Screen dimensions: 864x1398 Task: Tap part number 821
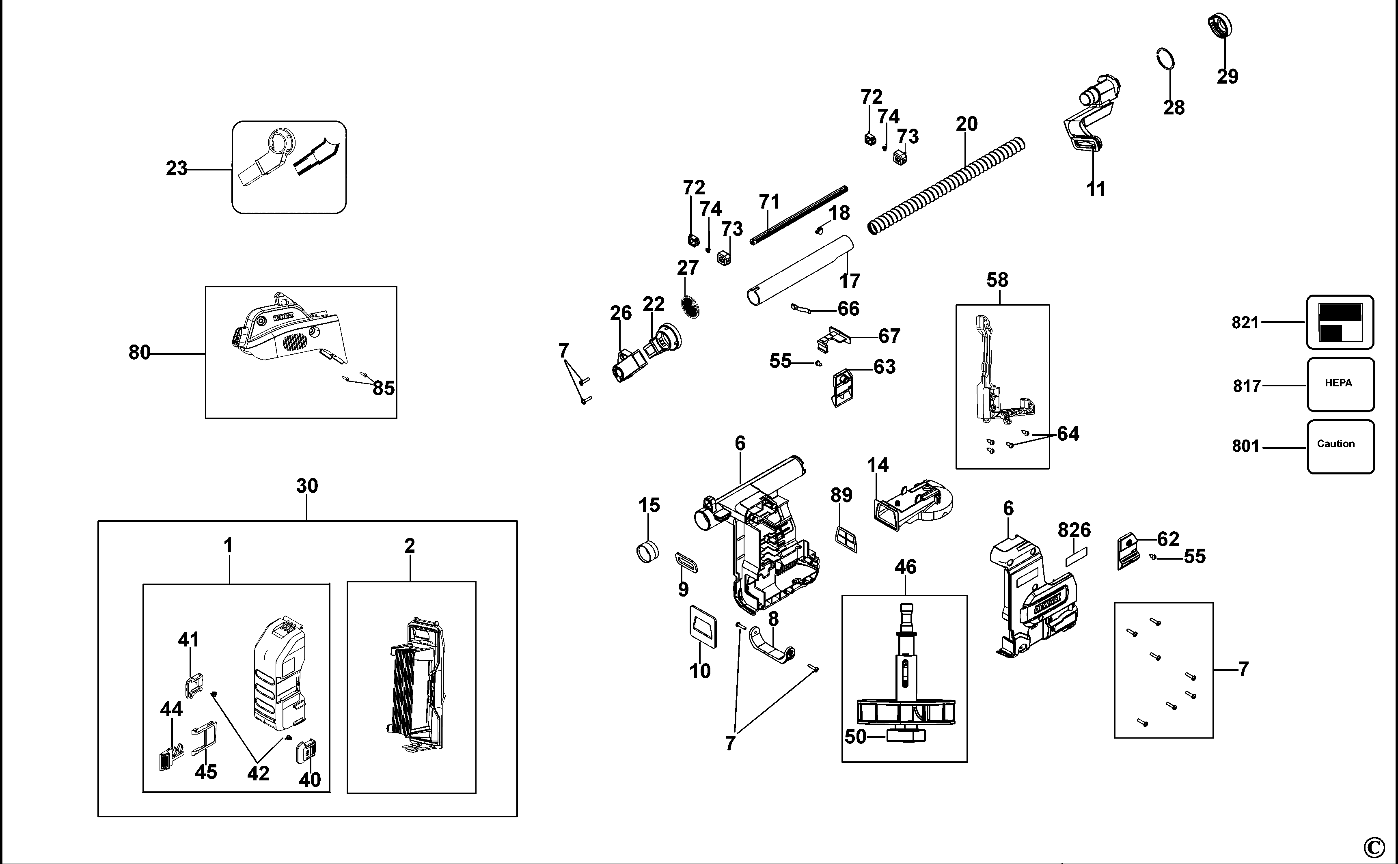pyautogui.click(x=1245, y=323)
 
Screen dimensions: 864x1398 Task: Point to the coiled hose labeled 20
pyautogui.click(x=946, y=186)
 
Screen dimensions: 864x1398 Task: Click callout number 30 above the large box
pyautogui.click(x=307, y=486)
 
